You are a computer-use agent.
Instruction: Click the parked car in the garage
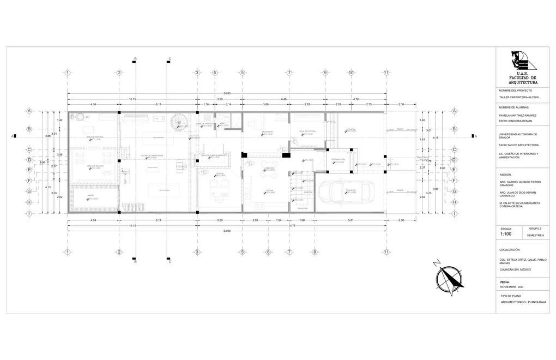[345, 191]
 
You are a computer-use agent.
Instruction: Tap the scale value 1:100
[506, 234]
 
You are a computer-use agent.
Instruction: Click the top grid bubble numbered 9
[325, 73]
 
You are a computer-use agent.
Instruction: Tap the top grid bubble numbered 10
[352, 73]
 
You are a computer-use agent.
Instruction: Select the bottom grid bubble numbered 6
[268, 252]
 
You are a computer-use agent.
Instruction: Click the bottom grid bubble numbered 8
[315, 252]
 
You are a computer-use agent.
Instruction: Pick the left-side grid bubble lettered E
[29, 169]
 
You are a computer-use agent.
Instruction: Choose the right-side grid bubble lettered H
[454, 202]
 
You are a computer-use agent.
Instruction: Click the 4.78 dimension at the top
[355, 99]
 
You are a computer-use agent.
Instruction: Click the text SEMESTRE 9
[535, 235]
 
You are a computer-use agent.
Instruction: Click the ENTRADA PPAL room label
[339, 160]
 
